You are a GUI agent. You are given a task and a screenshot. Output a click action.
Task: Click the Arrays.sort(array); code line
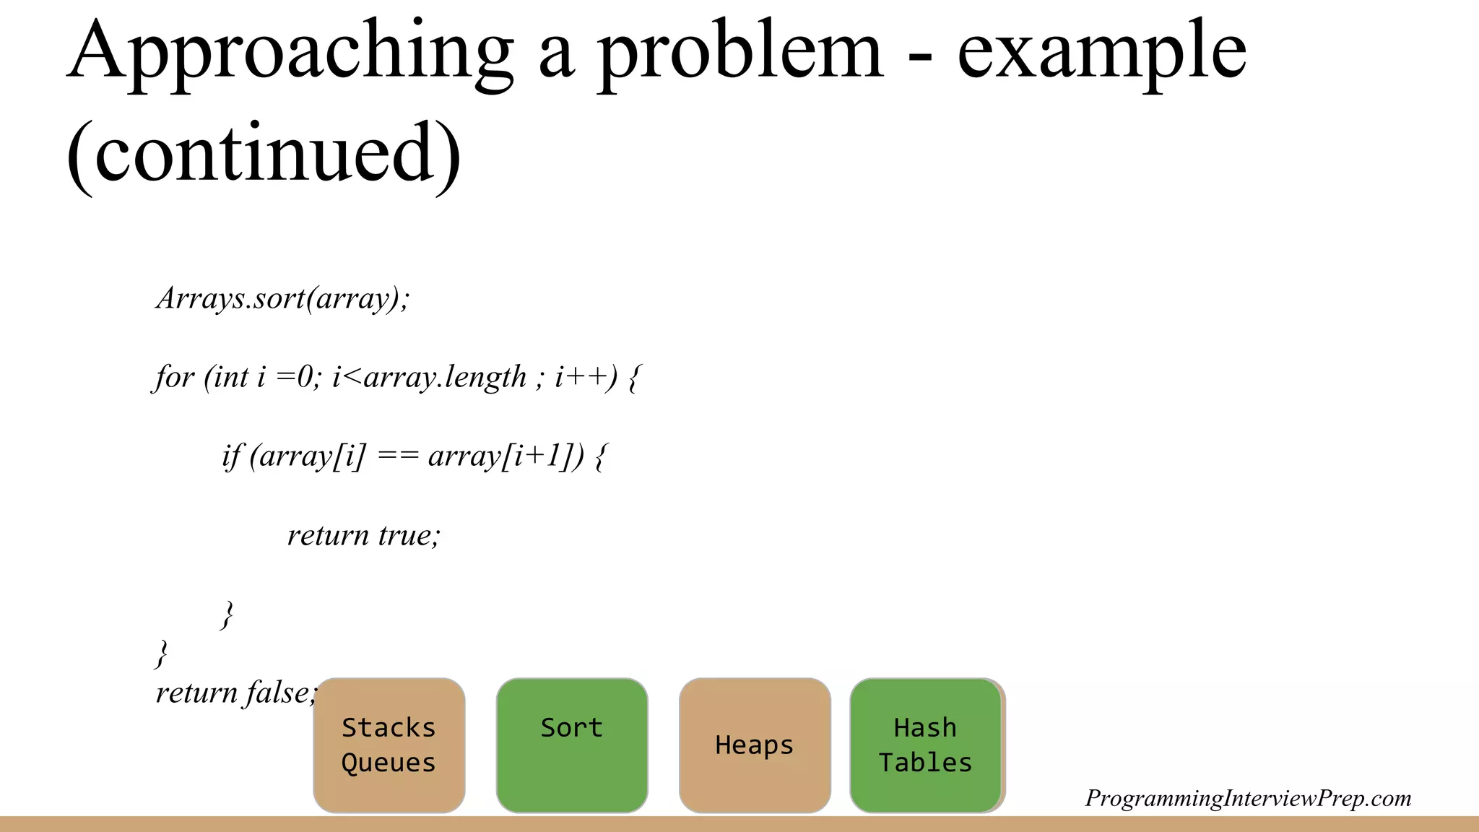point(282,298)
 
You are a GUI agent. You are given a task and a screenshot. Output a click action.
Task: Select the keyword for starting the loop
point(174,377)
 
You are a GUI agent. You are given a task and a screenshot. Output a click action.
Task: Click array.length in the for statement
point(445,377)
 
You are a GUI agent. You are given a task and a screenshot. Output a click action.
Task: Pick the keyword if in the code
point(232,456)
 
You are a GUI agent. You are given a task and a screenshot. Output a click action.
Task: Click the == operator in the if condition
point(398,456)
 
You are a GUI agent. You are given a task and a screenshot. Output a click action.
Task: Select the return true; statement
point(363,535)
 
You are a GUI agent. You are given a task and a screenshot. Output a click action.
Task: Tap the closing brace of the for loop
point(162,653)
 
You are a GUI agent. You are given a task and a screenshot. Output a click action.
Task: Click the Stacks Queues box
point(389,745)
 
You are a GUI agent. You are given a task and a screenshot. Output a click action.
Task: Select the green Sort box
point(571,745)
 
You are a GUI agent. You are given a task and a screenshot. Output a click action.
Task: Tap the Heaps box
point(755,745)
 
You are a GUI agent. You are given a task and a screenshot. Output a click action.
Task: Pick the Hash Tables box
point(925,745)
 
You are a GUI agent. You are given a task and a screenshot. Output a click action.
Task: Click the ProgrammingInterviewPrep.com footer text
point(1248,798)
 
